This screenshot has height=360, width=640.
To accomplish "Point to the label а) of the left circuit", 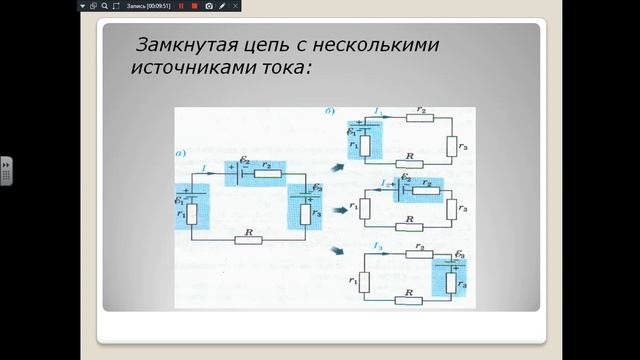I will (x=182, y=154).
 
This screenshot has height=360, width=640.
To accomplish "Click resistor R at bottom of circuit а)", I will (x=248, y=240).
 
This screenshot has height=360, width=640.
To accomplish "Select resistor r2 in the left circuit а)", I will (x=267, y=173).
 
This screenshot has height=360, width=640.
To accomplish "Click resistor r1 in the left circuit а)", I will (x=194, y=212).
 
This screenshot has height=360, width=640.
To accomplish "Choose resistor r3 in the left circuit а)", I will (x=304, y=212).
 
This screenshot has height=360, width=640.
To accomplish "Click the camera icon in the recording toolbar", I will (x=209, y=6).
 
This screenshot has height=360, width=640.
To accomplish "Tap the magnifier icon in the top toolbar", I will (x=105, y=6).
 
